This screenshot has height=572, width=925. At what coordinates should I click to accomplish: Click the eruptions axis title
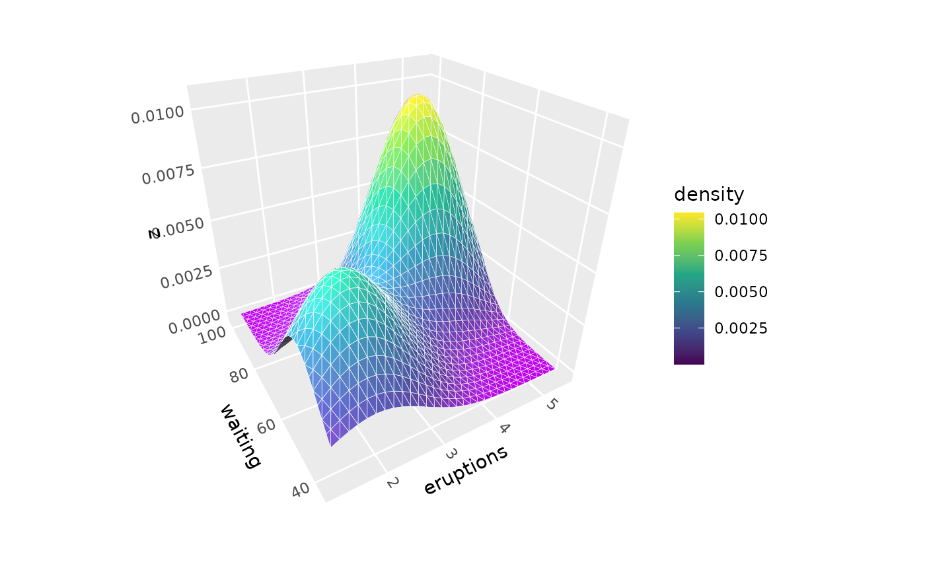point(465,470)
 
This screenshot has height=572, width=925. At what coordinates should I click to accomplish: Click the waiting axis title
point(240,436)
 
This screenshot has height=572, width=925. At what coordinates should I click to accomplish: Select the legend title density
point(709,195)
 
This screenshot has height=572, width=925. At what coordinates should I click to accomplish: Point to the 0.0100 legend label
point(741,219)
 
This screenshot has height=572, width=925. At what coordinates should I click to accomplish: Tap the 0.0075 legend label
point(741,256)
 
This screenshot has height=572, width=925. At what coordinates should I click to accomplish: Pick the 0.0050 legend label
point(741,292)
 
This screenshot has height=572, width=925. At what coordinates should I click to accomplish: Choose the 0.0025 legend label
point(741,328)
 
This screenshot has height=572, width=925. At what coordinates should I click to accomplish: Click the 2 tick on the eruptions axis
point(392,483)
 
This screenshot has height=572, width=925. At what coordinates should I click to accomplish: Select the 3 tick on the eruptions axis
point(451,453)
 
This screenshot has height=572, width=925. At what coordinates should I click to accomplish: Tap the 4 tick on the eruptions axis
point(504,428)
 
